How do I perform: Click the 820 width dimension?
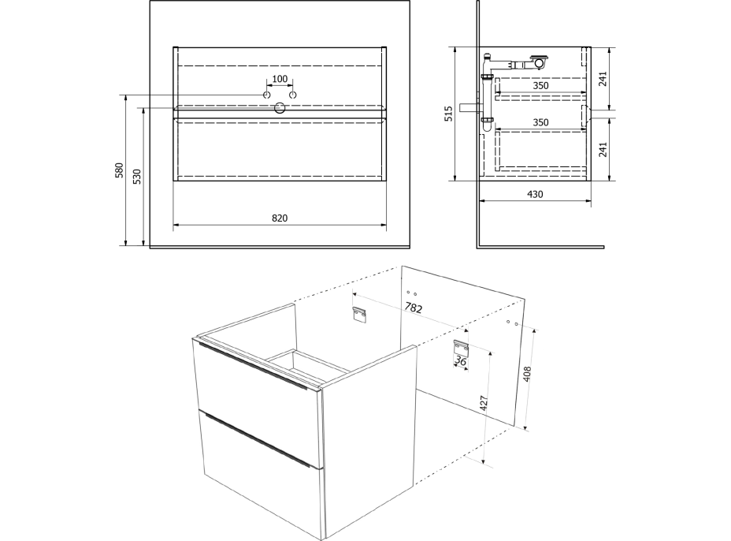pos(280,218)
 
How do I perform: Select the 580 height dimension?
pos(120,170)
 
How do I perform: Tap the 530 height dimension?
pos(137,177)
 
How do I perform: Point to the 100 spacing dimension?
pos(280,79)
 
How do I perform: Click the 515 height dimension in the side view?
pos(448,114)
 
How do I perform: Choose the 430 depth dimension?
pos(535,194)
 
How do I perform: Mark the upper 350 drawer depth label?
pos(541,85)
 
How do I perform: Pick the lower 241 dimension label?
pos(603,149)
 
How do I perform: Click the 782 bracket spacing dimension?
pos(413,308)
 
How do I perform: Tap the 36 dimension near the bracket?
pos(461,360)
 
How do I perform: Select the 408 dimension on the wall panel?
pos(527,374)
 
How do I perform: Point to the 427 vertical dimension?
pos(484,403)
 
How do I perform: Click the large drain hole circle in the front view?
pos(280,108)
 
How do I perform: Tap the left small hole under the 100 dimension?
pos(267,95)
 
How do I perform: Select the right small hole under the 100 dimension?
pos(293,95)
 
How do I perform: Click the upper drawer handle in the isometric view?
pos(253,367)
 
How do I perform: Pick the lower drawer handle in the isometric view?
pos(258,439)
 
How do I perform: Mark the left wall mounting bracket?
pos(360,315)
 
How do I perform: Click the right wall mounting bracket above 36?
pos(461,347)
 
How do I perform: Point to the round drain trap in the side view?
pos(540,62)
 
